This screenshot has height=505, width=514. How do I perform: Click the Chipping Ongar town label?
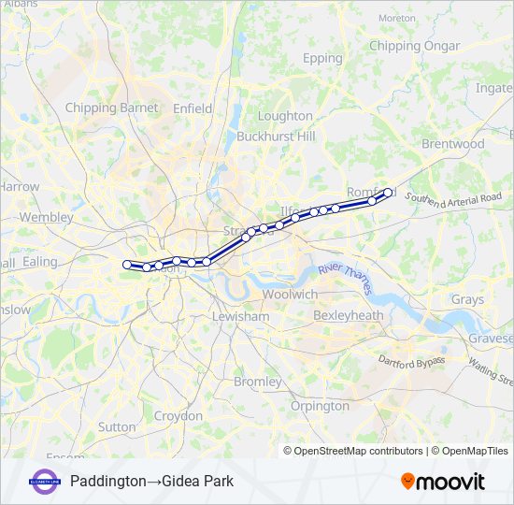414,46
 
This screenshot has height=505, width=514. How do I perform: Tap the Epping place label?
323,58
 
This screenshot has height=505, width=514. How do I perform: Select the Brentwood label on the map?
453,144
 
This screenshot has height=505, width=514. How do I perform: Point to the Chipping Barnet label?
111,108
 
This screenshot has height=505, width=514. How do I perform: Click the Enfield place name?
193,108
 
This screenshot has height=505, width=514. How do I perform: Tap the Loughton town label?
285,116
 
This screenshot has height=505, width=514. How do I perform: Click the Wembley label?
46,217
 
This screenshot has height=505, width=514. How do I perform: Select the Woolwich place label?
290,294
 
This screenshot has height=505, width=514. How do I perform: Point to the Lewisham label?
240,317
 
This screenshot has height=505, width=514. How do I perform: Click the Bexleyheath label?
349,316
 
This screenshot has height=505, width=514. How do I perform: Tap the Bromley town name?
257,382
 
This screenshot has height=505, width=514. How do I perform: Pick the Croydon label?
178,415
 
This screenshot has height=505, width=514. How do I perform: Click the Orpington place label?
320,406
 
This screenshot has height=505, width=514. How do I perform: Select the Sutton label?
117,426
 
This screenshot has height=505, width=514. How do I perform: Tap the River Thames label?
344,279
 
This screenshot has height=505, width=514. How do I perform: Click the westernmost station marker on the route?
127,265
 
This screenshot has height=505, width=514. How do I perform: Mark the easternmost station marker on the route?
388,193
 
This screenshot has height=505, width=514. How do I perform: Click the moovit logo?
443,482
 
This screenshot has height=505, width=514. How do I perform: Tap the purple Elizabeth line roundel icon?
44,482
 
